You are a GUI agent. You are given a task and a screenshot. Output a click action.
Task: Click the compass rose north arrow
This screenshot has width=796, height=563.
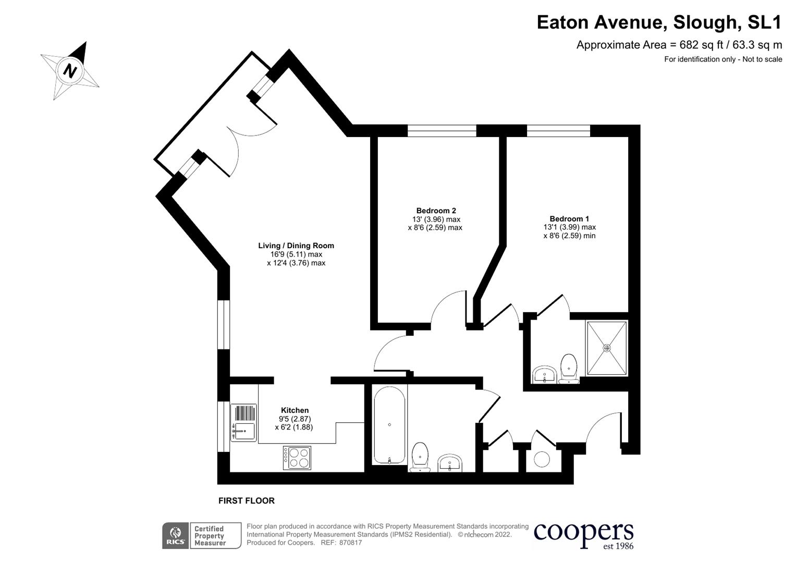[x=70, y=70]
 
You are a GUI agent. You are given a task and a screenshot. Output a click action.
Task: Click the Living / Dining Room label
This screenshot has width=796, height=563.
[x=296, y=246]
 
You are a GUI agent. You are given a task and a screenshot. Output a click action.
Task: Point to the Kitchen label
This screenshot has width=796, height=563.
[x=295, y=410]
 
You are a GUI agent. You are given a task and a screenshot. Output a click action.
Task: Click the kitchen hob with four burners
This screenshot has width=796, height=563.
[x=297, y=458]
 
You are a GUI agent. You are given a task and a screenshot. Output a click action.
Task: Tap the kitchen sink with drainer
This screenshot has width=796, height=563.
[x=243, y=423]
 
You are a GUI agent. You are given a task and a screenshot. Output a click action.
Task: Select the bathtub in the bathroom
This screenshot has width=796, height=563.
[x=389, y=425]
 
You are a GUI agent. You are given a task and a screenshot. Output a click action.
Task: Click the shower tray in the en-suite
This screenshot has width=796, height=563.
[x=607, y=348]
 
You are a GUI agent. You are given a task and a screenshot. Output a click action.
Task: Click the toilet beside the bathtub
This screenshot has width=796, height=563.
[x=420, y=457]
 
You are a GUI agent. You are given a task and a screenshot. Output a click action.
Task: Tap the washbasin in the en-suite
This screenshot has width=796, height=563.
[x=545, y=374]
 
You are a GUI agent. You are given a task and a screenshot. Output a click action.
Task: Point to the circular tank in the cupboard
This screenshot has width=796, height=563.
[x=542, y=459]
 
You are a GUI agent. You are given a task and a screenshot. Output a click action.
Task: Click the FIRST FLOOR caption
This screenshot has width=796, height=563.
[x=246, y=501]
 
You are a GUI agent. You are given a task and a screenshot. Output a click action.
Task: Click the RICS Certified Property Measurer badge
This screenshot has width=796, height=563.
[x=202, y=536]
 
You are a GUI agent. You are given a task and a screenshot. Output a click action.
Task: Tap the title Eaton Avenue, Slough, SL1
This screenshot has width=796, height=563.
[x=659, y=22]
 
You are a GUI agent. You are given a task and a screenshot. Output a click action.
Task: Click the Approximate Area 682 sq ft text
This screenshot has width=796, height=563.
[x=679, y=45]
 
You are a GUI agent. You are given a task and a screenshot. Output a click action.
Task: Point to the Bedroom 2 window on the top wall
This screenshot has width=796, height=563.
[x=442, y=130]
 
